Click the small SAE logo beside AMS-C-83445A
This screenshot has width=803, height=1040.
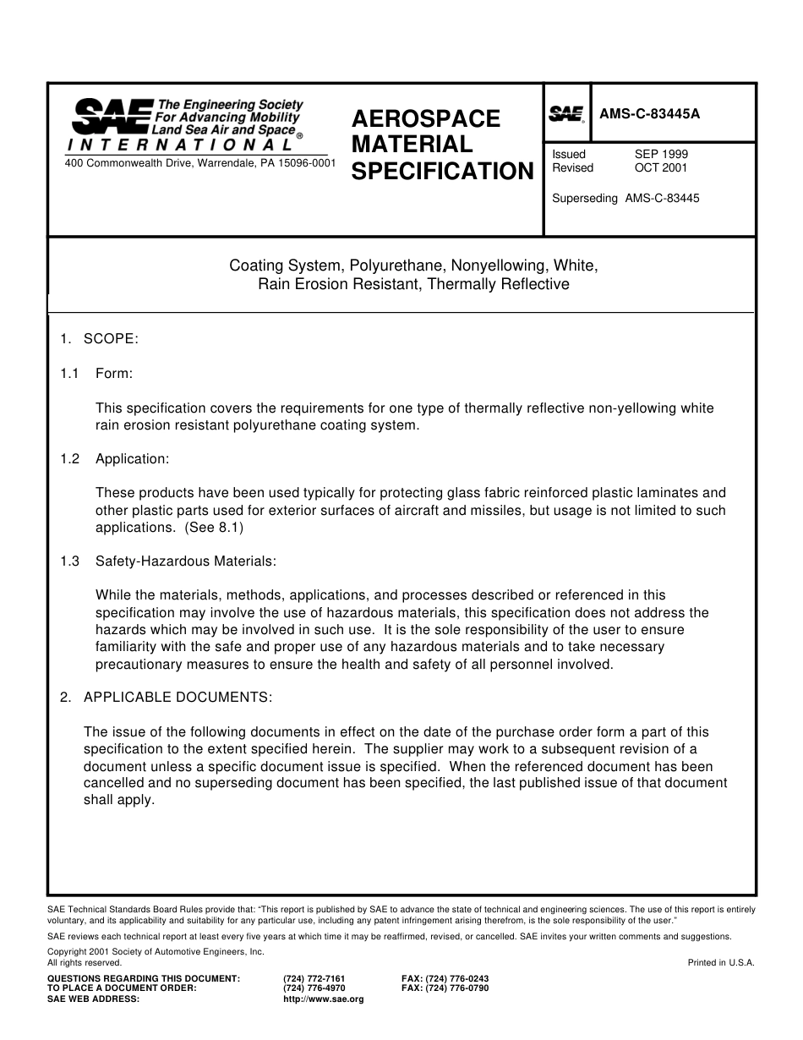566,114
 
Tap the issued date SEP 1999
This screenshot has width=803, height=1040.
661,155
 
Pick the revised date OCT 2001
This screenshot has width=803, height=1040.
661,168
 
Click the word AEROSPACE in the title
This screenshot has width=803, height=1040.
426,119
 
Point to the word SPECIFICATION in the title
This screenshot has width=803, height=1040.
442,172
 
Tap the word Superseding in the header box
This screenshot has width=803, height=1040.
585,199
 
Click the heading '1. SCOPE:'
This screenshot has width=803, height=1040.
99,339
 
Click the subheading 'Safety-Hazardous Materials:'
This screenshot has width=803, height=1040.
185,561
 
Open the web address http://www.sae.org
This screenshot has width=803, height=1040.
324,999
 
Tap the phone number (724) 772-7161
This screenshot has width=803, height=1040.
314,978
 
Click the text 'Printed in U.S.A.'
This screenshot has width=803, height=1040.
721,962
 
